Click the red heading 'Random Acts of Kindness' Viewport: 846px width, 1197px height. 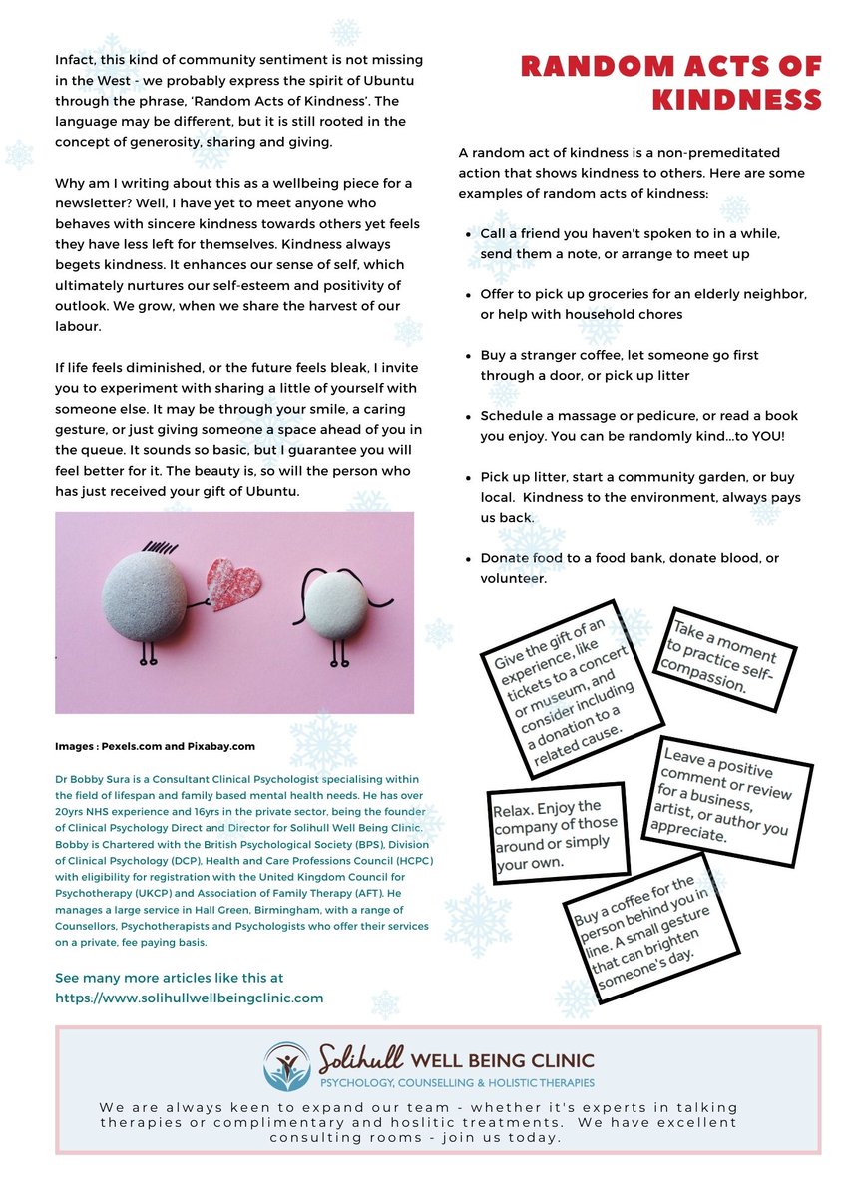670,83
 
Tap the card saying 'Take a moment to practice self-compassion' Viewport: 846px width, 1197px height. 723,657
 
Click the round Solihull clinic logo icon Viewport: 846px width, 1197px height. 286,1065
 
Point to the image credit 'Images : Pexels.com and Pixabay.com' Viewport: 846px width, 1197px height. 156,745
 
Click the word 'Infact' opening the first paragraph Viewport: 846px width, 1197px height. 76,61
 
